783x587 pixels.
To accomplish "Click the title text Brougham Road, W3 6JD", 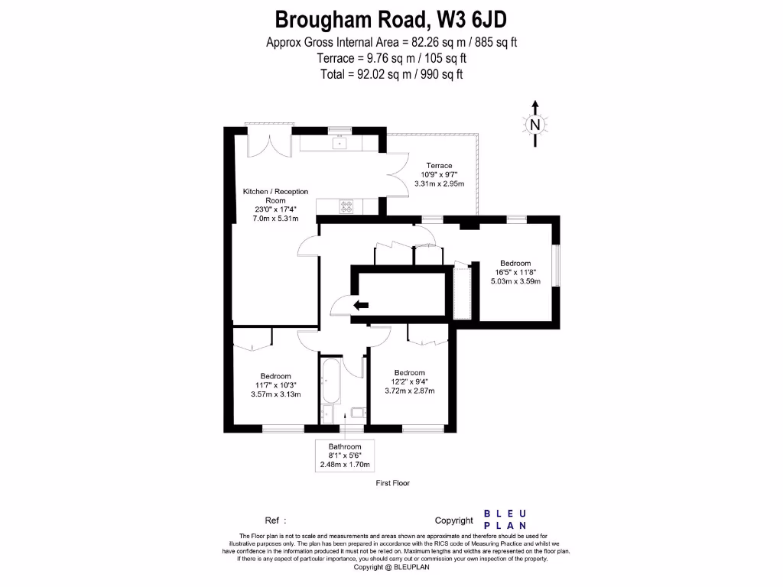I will click(391, 18).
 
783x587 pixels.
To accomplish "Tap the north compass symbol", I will click(535, 125).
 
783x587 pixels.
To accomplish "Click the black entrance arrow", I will click(360, 306).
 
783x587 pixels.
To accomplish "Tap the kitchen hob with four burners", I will click(347, 206).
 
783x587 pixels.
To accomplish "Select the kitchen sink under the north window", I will click(338, 142).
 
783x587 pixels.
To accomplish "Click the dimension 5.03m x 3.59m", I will click(515, 281).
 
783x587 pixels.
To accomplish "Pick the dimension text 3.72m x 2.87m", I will click(409, 391).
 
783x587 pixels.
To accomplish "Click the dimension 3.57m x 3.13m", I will click(275, 394).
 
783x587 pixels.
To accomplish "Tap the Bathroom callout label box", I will click(345, 455).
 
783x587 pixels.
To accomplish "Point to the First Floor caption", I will click(393, 484).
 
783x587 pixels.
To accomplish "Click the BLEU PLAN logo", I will click(505, 520).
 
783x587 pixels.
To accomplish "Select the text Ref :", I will click(275, 521).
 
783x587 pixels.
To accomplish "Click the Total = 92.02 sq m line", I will click(391, 74).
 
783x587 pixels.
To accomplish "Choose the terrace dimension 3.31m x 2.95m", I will click(439, 183).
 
